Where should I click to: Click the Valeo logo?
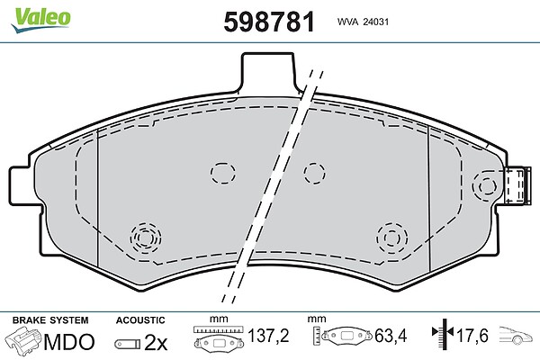[x=40, y=20]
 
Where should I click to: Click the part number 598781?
[x=269, y=22]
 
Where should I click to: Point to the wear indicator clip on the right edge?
[x=517, y=185]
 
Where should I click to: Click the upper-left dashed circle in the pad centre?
[x=223, y=174]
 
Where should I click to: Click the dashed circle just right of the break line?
[x=314, y=173]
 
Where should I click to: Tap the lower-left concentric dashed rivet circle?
[x=146, y=238]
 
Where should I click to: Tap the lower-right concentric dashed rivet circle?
[x=391, y=238]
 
